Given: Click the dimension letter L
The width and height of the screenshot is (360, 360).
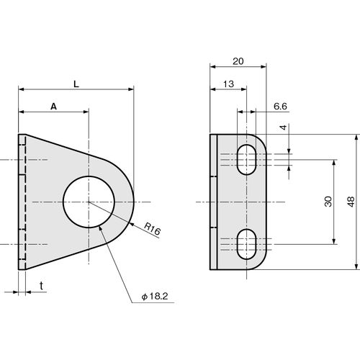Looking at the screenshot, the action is [x=76, y=84].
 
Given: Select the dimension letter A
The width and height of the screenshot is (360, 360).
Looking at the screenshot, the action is [x=53, y=107].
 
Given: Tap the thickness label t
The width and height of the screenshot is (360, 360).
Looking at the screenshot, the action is [x=42, y=286].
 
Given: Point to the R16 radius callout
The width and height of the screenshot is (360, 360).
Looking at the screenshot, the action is [x=152, y=228].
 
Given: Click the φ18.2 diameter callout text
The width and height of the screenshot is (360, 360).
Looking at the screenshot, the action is [x=155, y=297].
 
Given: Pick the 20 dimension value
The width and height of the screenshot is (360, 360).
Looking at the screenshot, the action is [x=238, y=61].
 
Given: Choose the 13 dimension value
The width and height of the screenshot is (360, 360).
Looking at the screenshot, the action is [x=228, y=84].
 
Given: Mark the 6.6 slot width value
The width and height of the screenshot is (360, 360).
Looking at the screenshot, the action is [x=280, y=106].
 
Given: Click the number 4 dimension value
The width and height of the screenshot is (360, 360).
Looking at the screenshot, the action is [x=284, y=127].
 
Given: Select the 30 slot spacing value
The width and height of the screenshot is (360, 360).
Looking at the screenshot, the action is [x=328, y=202].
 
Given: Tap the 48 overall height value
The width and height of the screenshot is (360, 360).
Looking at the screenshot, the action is [x=351, y=202].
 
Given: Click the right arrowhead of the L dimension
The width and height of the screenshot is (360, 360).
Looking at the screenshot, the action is [x=131, y=89].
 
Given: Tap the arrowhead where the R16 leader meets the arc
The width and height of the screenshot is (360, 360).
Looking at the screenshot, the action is [x=132, y=225].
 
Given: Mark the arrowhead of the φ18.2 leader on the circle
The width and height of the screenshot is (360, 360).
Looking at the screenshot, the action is [x=101, y=229].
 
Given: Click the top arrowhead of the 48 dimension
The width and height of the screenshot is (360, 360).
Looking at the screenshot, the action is [x=357, y=138].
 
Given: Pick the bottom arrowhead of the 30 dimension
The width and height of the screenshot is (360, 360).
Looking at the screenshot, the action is [x=334, y=241].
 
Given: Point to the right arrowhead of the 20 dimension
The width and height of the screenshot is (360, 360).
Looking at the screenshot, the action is [x=264, y=67].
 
